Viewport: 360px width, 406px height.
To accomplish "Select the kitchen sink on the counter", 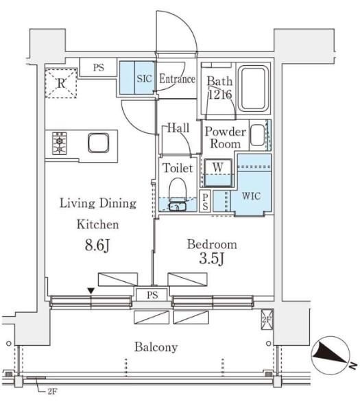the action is tap(98, 143).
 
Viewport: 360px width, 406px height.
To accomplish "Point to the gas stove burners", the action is tap(60, 143).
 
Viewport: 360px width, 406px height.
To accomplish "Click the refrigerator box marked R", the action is tap(61, 83).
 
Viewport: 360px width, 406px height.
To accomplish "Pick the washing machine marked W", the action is tap(218, 172).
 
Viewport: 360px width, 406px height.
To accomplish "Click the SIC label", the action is tap(144, 79).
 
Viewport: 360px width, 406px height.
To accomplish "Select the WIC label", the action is tap(251, 196).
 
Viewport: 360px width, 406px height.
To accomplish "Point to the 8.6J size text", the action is tap(97, 245).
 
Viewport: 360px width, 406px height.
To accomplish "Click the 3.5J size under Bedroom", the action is tap(211, 259).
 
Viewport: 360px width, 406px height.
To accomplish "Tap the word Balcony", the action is tap(156, 347).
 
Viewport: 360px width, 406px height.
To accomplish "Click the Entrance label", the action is tap(178, 79).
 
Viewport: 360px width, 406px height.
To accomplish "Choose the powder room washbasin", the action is tap(258, 135).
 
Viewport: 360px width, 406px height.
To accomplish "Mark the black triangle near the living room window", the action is tap(91, 291).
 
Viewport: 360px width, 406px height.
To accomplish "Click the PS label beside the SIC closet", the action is tap(99, 68).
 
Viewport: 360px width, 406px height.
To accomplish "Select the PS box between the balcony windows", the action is tap(152, 295).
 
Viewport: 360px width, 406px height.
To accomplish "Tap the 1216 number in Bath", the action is tap(220, 95).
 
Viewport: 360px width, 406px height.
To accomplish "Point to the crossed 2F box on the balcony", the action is tap(267, 320).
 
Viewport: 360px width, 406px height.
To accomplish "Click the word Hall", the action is tap(178, 128).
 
